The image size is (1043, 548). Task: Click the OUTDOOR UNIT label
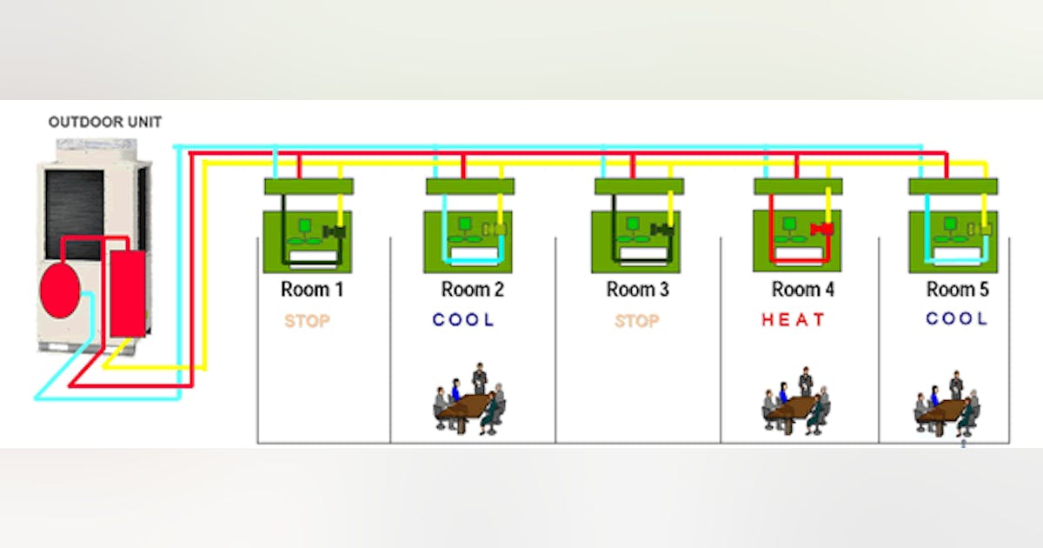click(x=104, y=122)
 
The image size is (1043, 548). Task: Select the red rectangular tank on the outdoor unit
click(x=128, y=293)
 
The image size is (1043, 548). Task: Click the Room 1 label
click(x=311, y=290)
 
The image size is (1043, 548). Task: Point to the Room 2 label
click(x=472, y=290)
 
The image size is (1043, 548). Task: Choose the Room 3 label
click(x=637, y=290)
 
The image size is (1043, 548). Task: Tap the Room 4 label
click(x=802, y=290)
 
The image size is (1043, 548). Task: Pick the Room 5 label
click(x=957, y=290)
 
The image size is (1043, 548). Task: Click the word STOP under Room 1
click(x=307, y=321)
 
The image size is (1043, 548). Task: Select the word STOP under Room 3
click(x=636, y=321)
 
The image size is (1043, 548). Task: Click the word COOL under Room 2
click(x=463, y=320)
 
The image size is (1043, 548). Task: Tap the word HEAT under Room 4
click(x=793, y=320)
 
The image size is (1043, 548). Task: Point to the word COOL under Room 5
click(x=956, y=319)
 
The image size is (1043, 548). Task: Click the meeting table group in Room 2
click(x=470, y=401)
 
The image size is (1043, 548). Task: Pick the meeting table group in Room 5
click(x=947, y=404)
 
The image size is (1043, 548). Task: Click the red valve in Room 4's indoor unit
click(x=821, y=230)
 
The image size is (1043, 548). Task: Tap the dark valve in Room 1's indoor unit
click(x=334, y=231)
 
